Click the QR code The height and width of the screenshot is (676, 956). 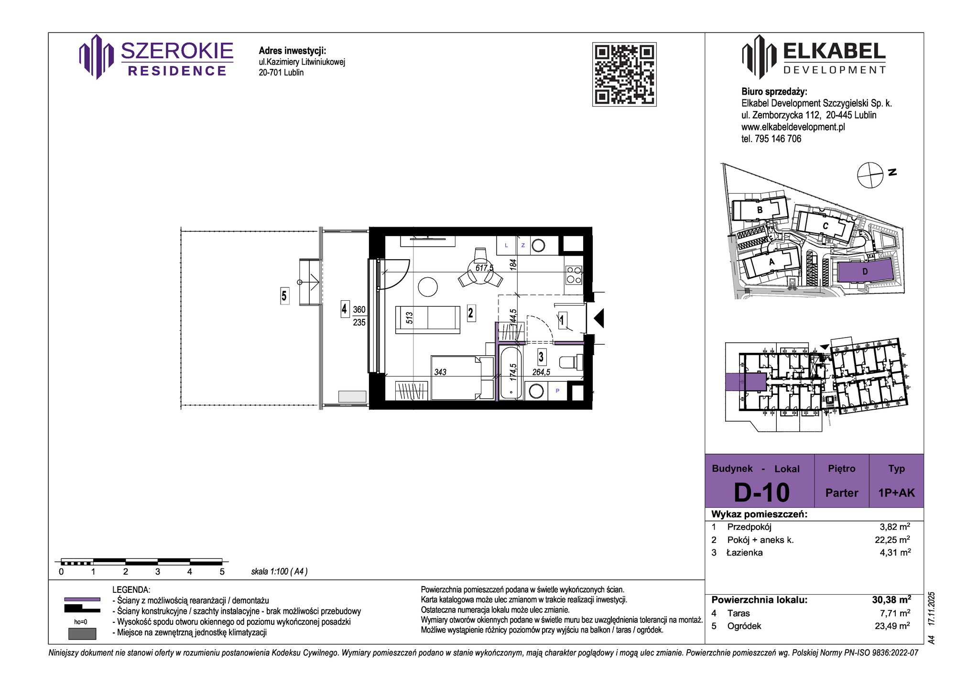pyautogui.click(x=624, y=74)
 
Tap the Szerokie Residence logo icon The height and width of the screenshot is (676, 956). pyautogui.click(x=97, y=56)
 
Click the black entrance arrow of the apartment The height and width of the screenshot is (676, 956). pyautogui.click(x=599, y=318)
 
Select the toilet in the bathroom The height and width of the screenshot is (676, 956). pyautogui.click(x=571, y=362)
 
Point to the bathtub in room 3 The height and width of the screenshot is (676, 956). pyautogui.click(x=511, y=373)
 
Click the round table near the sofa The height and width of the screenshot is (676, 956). pyautogui.click(x=428, y=287)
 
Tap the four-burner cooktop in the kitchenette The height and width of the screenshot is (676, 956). pyautogui.click(x=574, y=275)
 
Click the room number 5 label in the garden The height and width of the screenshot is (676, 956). pyautogui.click(x=284, y=296)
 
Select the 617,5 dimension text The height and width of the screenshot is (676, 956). pyautogui.click(x=484, y=268)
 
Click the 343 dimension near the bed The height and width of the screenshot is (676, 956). pyautogui.click(x=440, y=372)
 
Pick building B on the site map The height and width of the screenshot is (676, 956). pyautogui.click(x=760, y=209)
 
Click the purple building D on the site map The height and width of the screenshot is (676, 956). pyautogui.click(x=865, y=272)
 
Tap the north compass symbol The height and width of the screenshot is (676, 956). pyautogui.click(x=870, y=175)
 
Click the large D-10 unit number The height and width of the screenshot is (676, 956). pyautogui.click(x=761, y=492)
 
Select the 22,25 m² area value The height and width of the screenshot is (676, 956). pyautogui.click(x=892, y=540)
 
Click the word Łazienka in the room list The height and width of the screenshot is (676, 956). pyautogui.click(x=745, y=553)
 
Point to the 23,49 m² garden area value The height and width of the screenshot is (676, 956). pyautogui.click(x=892, y=626)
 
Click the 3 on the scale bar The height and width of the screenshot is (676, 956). pyautogui.click(x=158, y=572)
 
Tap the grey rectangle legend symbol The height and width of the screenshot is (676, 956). pyautogui.click(x=82, y=633)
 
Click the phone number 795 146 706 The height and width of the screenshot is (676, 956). pyautogui.click(x=778, y=139)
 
